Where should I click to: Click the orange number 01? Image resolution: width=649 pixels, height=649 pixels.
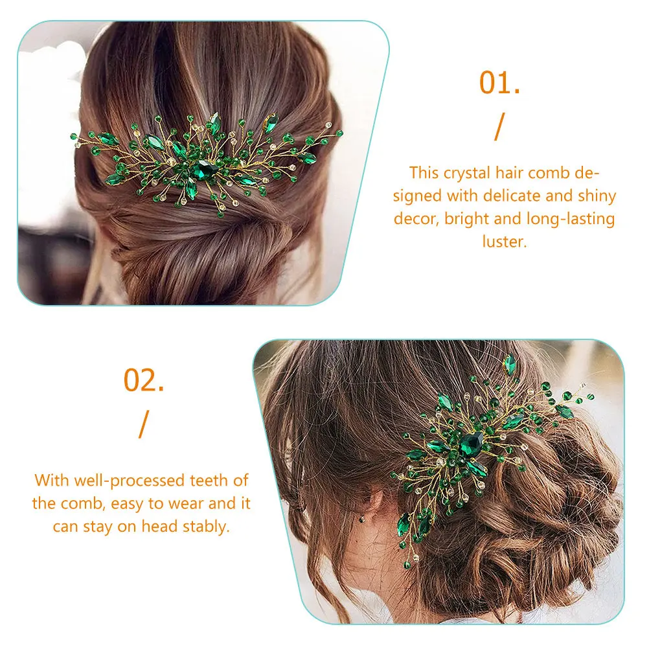pyautogui.click(x=499, y=83)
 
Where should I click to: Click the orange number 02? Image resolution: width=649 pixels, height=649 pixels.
pyautogui.click(x=144, y=380)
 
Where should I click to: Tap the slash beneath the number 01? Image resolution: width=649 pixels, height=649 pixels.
pyautogui.click(x=500, y=127)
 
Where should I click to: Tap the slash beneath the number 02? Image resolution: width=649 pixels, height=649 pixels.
pyautogui.click(x=144, y=424)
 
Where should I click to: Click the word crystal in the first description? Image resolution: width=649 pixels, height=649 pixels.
pyautogui.click(x=467, y=174)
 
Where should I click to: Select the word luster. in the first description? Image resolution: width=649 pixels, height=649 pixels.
pyautogui.click(x=505, y=241)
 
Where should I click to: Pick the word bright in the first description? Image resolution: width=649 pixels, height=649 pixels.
pyautogui.click(x=466, y=219)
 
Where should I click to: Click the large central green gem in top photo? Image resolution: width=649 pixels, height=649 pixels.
pyautogui.click(x=203, y=170)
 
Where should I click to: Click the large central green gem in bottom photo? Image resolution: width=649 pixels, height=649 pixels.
pyautogui.click(x=471, y=444)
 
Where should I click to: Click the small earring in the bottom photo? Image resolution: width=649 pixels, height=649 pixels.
pyautogui.click(x=362, y=519)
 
